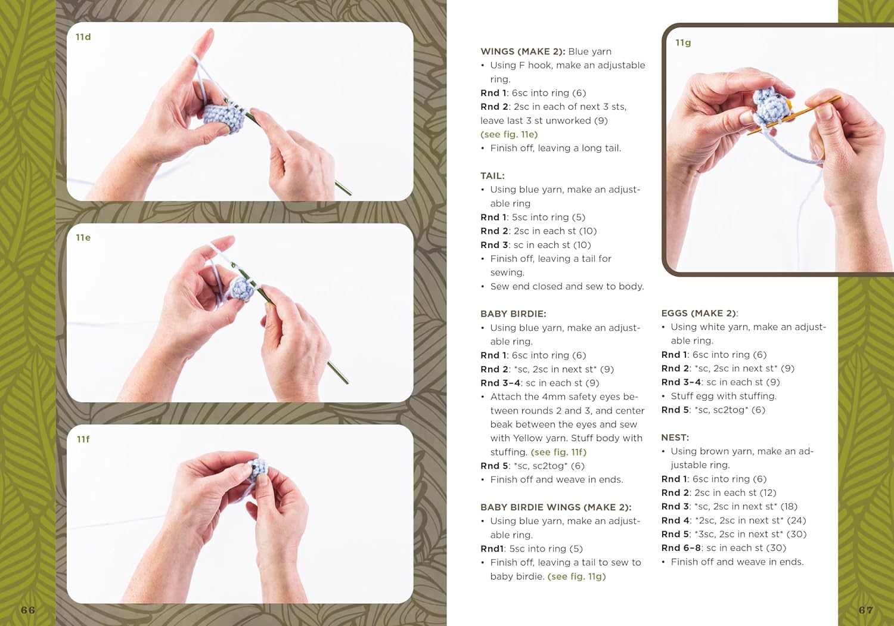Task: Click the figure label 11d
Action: pyautogui.click(x=83, y=37)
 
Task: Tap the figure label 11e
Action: pyautogui.click(x=83, y=238)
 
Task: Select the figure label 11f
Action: pyautogui.click(x=83, y=439)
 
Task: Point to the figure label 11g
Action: pyautogui.click(x=683, y=43)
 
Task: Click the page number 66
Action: pyautogui.click(x=28, y=610)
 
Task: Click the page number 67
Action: pyautogui.click(x=866, y=610)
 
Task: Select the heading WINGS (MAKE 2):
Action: pyautogui.click(x=523, y=52)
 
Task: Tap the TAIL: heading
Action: pyautogui.click(x=492, y=176)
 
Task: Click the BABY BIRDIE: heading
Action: pyautogui.click(x=513, y=314)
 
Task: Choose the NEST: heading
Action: pyautogui.click(x=675, y=438)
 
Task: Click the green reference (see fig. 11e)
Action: pyautogui.click(x=509, y=135)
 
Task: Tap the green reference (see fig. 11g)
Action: pyautogui.click(x=576, y=577)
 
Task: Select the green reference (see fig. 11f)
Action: pyautogui.click(x=558, y=453)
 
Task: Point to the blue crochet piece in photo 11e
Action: pyautogui.click(x=243, y=289)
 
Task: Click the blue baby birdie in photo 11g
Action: pyautogui.click(x=770, y=104)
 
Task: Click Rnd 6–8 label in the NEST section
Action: pyautogui.click(x=681, y=548)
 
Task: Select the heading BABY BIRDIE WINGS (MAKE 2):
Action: pyautogui.click(x=555, y=507)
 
